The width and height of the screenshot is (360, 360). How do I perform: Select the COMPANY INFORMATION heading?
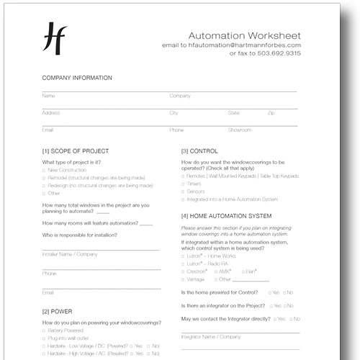point(77,77)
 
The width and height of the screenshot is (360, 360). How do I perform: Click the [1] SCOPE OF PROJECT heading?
point(76,151)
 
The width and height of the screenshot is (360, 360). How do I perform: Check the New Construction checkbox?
point(45,170)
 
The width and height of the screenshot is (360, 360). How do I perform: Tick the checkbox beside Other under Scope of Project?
point(45,193)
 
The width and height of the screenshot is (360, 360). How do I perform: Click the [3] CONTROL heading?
point(199,151)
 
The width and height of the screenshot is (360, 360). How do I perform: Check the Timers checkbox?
point(183,184)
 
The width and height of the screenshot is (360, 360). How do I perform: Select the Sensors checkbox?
point(183,192)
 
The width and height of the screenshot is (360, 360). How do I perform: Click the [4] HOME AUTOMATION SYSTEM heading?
point(226,216)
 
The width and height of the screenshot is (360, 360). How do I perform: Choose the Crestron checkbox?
point(183,271)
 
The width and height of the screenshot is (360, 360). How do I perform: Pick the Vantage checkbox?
point(183,279)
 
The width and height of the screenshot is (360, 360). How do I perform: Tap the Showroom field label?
point(240,130)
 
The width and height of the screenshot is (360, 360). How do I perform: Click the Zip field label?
point(271,113)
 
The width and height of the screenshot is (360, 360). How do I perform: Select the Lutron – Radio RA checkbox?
point(183,264)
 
